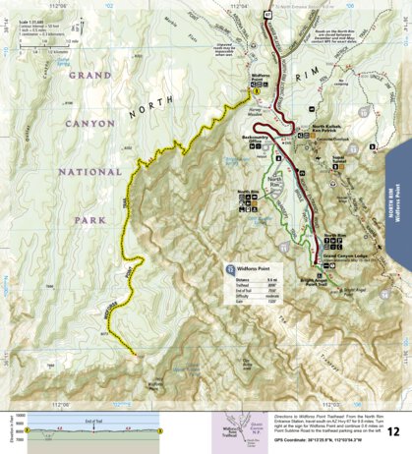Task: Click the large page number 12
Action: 393,430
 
